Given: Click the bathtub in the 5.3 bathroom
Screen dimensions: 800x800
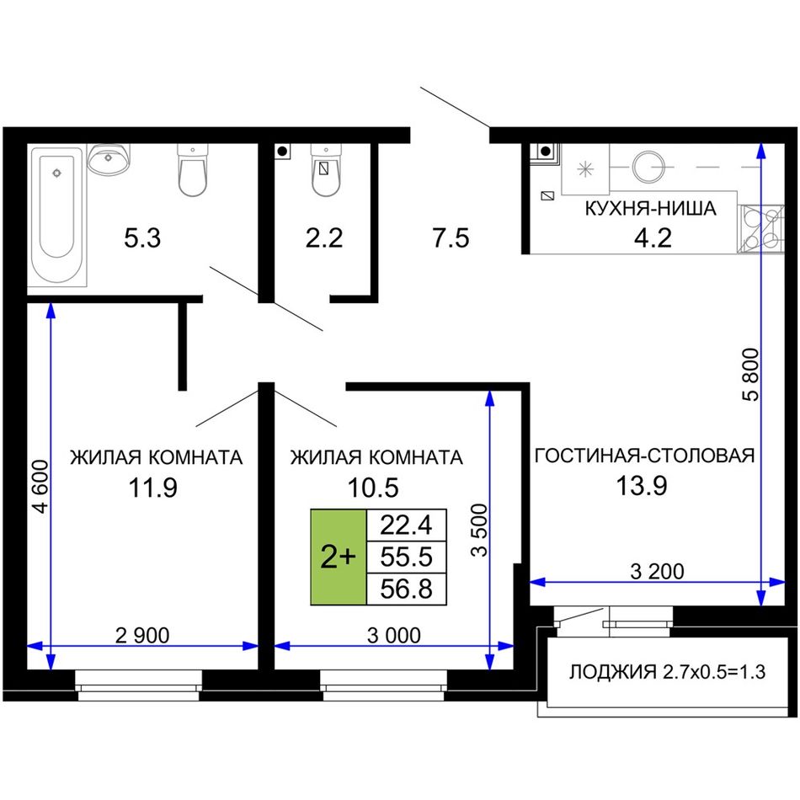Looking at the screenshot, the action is click(x=57, y=216).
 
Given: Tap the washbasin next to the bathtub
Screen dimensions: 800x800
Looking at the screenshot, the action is click(x=108, y=158).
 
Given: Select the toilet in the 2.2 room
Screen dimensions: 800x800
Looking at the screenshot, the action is click(x=326, y=170).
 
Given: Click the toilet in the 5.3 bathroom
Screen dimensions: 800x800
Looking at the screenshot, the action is click(x=192, y=170).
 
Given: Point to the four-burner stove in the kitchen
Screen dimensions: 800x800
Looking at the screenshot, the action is click(x=760, y=229).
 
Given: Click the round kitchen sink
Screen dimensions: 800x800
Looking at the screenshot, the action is click(x=648, y=167).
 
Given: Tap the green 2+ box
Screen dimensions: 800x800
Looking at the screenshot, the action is click(x=339, y=557).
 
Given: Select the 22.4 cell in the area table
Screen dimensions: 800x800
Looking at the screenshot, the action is click(x=407, y=525).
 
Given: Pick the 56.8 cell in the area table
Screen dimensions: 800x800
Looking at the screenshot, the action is click(x=407, y=589).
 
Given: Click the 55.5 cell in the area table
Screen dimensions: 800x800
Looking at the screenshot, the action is click(x=407, y=557).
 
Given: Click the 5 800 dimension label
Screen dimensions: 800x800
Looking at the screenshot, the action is click(x=751, y=374).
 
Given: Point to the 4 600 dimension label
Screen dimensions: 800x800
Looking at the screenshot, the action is click(x=40, y=486).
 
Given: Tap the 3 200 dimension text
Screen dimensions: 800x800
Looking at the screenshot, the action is click(x=657, y=572).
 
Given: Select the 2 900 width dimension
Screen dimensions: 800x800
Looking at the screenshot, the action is click(x=142, y=635).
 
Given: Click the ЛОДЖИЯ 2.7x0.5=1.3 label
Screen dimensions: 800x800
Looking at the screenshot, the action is click(x=667, y=672).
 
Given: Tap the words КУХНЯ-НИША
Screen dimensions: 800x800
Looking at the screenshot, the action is click(x=650, y=209).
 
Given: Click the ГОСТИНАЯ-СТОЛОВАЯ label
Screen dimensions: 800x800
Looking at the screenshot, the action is click(x=644, y=456).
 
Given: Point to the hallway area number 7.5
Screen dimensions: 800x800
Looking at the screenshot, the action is click(x=451, y=238).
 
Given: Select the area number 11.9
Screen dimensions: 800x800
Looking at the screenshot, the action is click(x=152, y=488).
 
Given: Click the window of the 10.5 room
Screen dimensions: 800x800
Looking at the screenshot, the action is click(x=384, y=685).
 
